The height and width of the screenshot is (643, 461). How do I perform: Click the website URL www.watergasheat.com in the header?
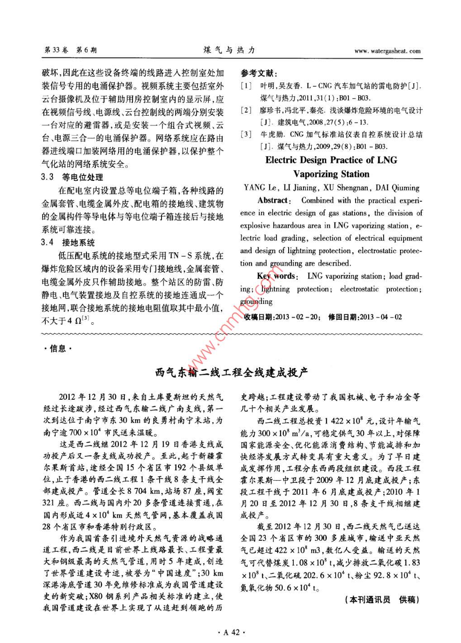pyautogui.click(x=387, y=51)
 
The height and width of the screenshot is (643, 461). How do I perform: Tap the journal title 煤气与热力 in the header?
pyautogui.click(x=229, y=50)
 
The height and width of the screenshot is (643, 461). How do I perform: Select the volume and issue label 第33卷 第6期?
pyautogui.click(x=70, y=50)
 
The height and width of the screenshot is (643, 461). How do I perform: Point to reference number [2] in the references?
pyautogui.click(x=246, y=110)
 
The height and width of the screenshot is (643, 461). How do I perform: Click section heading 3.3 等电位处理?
pyautogui.click(x=72, y=177)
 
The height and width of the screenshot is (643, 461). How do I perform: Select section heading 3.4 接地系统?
pyautogui.click(x=68, y=242)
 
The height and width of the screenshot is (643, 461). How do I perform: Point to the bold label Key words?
pyautogui.click(x=276, y=276)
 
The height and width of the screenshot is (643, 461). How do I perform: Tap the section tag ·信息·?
pyautogui.click(x=56, y=348)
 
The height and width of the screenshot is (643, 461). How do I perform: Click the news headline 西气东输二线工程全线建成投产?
pyautogui.click(x=231, y=373)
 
